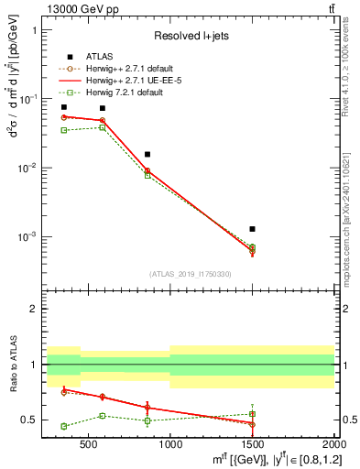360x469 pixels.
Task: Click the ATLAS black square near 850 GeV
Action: (147, 154)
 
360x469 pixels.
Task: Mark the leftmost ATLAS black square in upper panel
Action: (63, 107)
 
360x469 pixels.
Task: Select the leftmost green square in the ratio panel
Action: (63, 426)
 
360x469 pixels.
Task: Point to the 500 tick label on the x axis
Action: (88, 443)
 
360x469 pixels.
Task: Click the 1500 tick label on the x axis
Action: (252, 443)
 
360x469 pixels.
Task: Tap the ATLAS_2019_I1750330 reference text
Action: (189, 274)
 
